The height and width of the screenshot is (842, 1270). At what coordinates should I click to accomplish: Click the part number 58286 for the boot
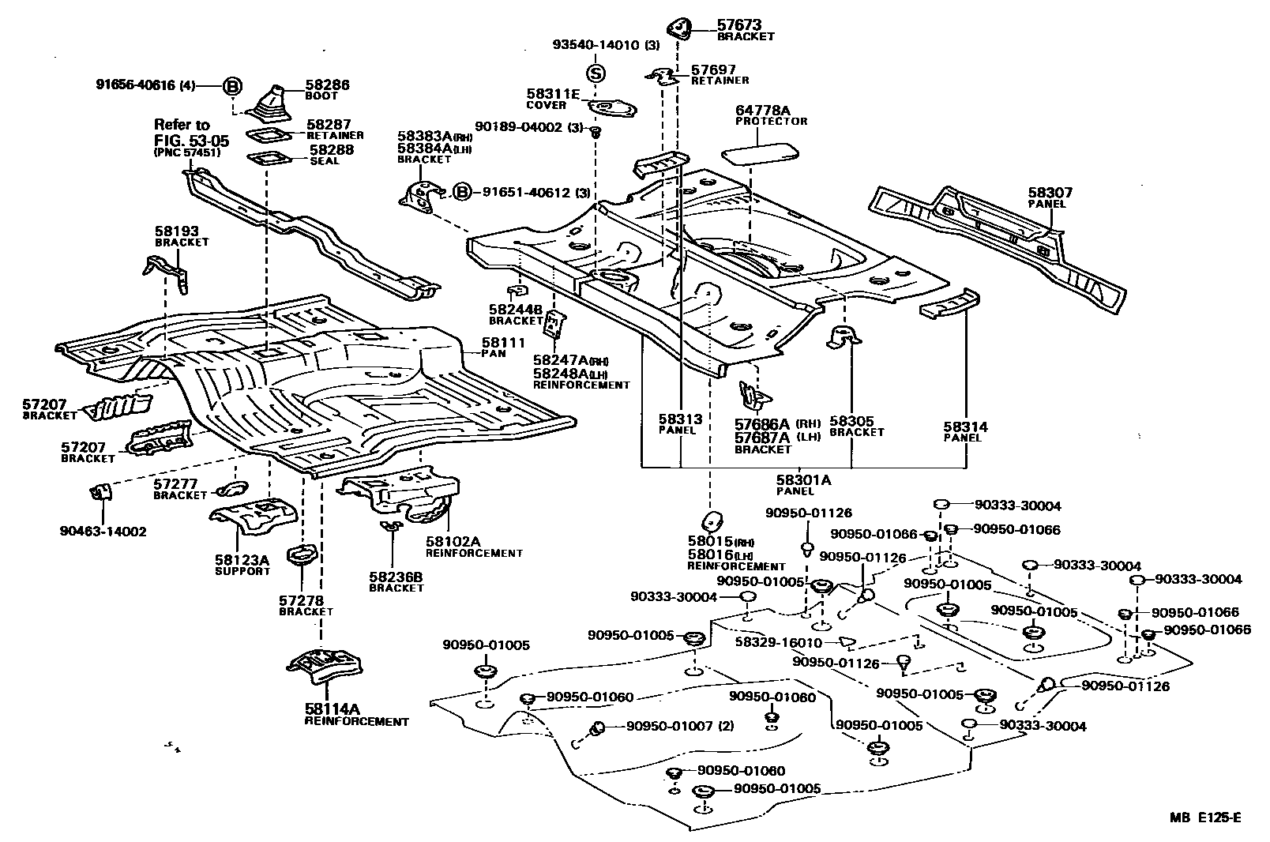pyautogui.click(x=327, y=85)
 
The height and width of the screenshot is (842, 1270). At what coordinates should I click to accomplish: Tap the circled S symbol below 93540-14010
pyautogui.click(x=596, y=73)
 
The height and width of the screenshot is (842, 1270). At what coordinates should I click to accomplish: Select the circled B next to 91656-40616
pyautogui.click(x=232, y=86)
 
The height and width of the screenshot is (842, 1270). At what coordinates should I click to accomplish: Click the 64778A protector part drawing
pyautogui.click(x=760, y=152)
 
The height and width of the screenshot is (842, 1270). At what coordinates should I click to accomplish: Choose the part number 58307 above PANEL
pyautogui.click(x=1050, y=193)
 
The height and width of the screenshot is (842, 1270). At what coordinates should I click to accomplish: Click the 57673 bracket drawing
pyautogui.click(x=679, y=29)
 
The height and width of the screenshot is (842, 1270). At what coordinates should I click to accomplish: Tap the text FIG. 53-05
pyautogui.click(x=192, y=141)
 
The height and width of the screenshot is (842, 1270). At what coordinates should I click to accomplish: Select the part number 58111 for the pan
pyautogui.click(x=503, y=343)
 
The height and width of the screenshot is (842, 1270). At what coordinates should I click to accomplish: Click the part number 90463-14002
pyautogui.click(x=103, y=532)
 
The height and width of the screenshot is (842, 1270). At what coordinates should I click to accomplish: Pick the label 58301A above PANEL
pyautogui.click(x=803, y=479)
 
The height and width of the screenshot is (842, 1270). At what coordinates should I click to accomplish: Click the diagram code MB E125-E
pyautogui.click(x=1204, y=817)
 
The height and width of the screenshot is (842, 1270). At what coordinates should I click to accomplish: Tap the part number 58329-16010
pyautogui.click(x=779, y=642)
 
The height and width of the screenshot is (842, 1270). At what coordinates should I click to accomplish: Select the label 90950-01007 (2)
pyautogui.click(x=680, y=726)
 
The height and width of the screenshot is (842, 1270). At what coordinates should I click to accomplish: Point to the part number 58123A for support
pyautogui.click(x=242, y=560)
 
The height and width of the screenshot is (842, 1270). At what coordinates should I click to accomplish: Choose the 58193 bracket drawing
pyautogui.click(x=166, y=273)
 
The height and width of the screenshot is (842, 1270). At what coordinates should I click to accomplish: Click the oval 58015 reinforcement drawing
pyautogui.click(x=712, y=521)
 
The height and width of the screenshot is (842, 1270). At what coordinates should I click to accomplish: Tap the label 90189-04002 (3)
pyautogui.click(x=529, y=127)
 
